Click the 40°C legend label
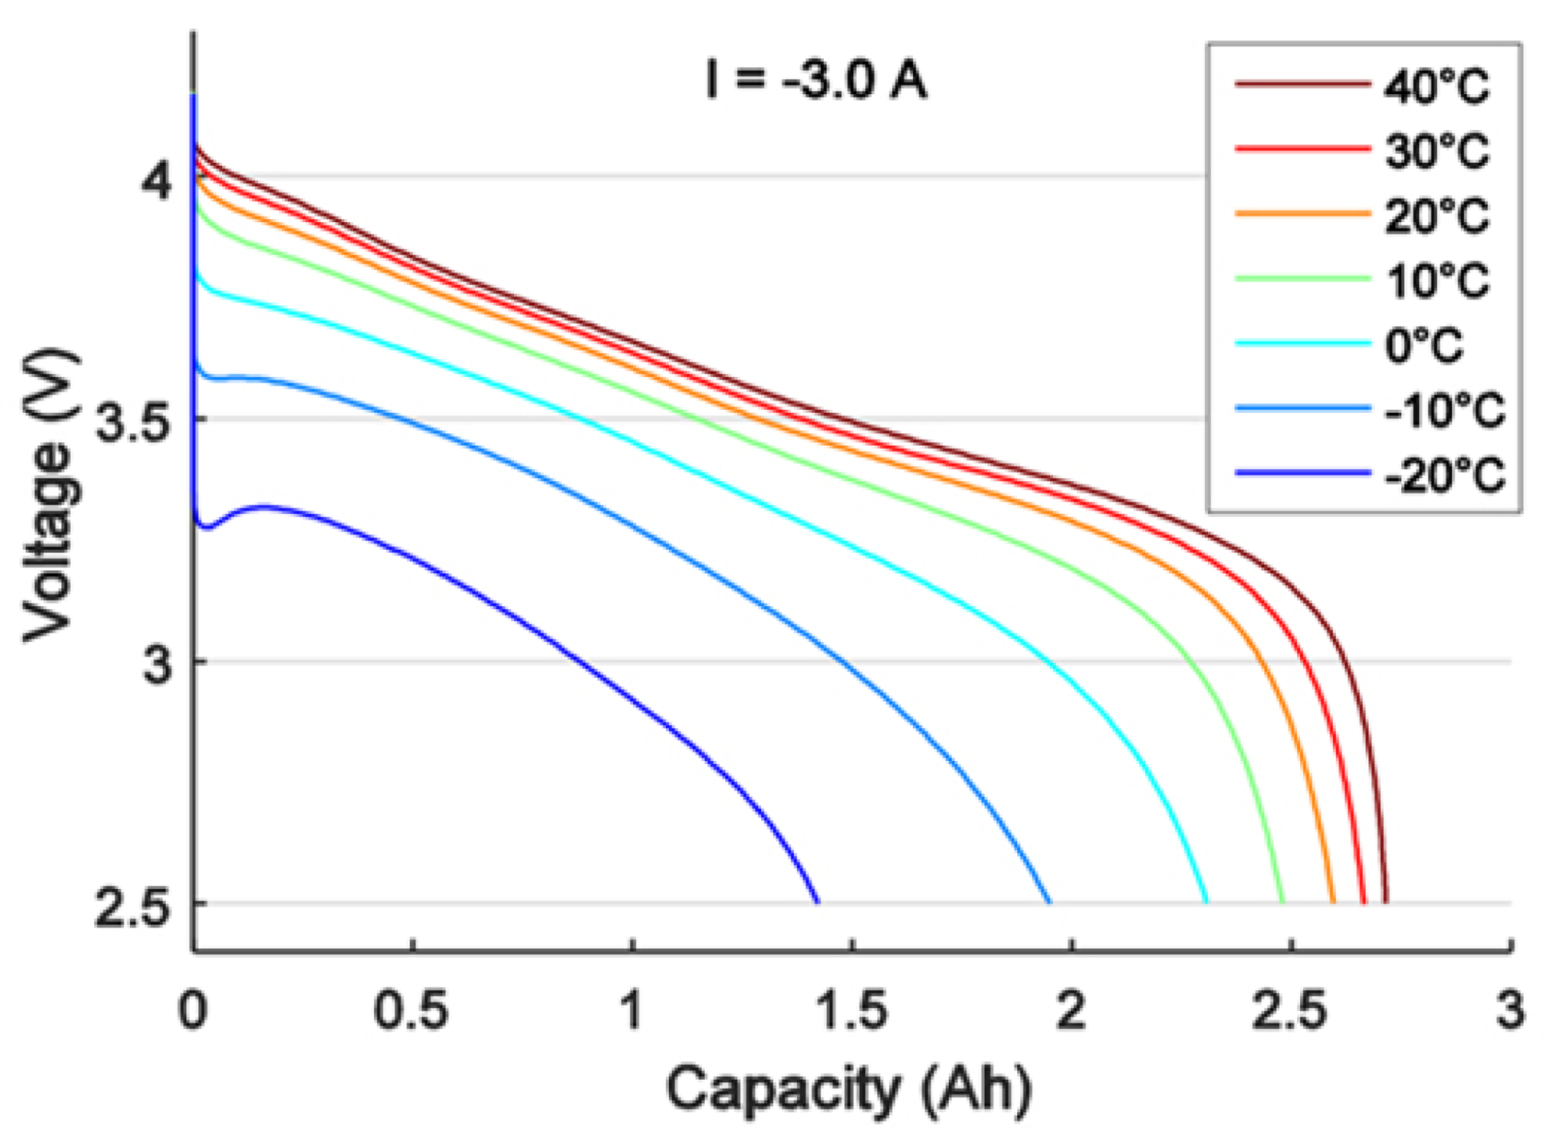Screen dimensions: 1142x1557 pos(1436,86)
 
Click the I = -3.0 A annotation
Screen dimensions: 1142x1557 pos(815,79)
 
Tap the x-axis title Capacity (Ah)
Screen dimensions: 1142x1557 pos(849,1089)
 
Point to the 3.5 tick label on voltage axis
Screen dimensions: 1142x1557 pos(132,423)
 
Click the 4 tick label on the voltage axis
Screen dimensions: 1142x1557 pos(156,181)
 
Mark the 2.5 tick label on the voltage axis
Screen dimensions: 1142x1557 pos(132,906)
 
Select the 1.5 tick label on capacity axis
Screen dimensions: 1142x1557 pos(851,1010)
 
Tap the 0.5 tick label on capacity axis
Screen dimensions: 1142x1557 pos(411,1010)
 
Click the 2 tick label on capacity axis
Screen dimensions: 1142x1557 pos(1072,1010)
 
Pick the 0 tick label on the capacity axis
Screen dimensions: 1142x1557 pos(193,1010)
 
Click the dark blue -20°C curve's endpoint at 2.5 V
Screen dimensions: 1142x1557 pos(817,902)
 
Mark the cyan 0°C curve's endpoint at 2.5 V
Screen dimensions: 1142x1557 pos(1206,902)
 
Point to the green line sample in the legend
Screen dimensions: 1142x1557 pos(1302,278)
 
